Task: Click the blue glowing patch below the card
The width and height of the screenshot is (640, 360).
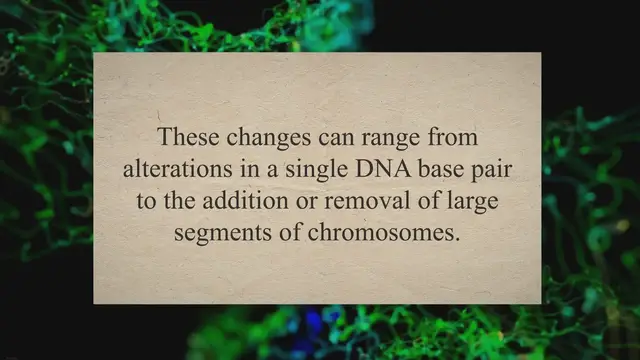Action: click(318, 325)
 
